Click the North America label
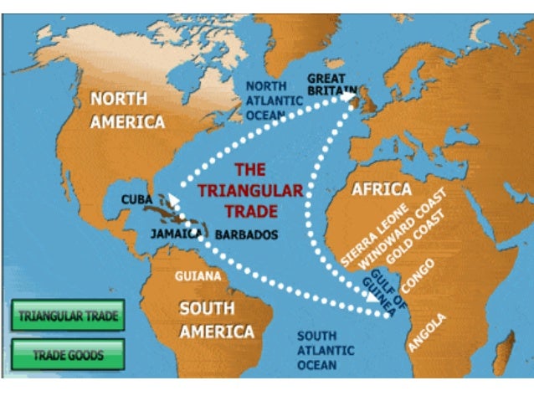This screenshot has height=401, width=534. click(x=128, y=110)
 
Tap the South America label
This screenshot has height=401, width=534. click(x=216, y=320)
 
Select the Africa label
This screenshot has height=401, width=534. click(x=381, y=188)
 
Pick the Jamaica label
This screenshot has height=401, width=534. click(x=176, y=234)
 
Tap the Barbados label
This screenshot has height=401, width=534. click(x=246, y=235)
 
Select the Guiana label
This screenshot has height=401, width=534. click(x=198, y=275)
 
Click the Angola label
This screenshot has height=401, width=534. click(x=428, y=332)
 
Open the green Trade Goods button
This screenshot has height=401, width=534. click(x=69, y=355)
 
